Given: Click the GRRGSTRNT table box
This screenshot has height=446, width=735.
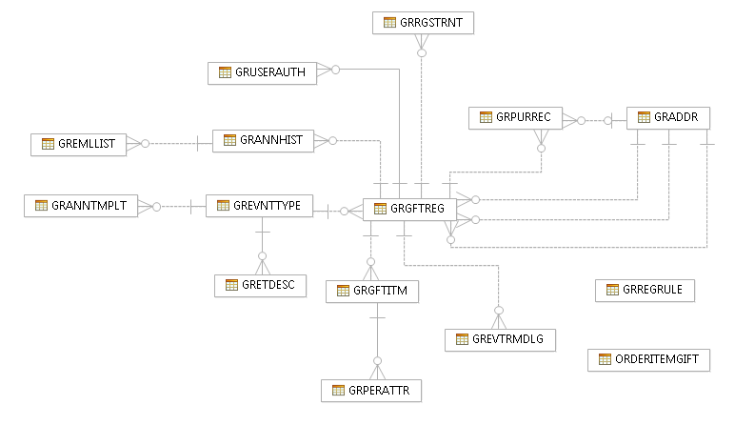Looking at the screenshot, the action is click(x=423, y=23).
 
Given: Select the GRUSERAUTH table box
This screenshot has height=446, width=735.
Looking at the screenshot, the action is click(x=262, y=73).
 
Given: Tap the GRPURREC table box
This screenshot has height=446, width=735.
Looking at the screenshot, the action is click(x=516, y=118).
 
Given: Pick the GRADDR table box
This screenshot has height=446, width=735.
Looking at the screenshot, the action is click(x=668, y=118).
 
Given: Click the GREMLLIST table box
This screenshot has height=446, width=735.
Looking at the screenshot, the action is click(x=78, y=145).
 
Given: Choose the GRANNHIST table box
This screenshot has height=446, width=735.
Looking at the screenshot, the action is click(x=263, y=141).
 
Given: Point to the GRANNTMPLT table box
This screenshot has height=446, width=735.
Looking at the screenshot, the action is click(x=81, y=206).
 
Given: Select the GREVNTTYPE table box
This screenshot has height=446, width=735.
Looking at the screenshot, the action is click(x=259, y=206).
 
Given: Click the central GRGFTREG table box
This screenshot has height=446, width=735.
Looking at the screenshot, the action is click(x=409, y=209).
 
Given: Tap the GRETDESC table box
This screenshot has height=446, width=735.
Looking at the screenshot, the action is click(x=260, y=286).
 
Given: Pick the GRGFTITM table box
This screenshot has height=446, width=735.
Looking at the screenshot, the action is click(x=372, y=292).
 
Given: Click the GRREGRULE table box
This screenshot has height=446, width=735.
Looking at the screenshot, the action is click(x=645, y=291).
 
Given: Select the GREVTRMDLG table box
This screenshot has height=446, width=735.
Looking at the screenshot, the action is click(x=500, y=340).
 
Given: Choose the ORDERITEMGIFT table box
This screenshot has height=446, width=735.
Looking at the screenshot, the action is click(x=648, y=360).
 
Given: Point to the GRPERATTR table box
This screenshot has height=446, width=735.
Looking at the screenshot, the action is click(x=371, y=391).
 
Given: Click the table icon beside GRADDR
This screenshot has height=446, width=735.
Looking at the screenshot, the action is click(x=644, y=117).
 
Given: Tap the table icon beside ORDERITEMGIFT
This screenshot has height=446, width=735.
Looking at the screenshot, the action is click(x=605, y=359).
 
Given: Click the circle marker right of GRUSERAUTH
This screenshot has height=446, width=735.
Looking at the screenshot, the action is click(x=336, y=70).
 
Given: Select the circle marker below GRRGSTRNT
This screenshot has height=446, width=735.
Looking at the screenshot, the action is click(x=422, y=53).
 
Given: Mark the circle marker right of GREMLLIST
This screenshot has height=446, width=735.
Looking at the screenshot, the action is click(x=146, y=144).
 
